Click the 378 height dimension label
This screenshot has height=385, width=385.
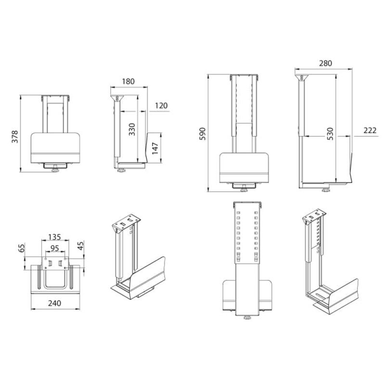[x=15, y=137]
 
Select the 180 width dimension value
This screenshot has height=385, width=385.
[x=128, y=81]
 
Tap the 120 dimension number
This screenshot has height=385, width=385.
[x=161, y=105]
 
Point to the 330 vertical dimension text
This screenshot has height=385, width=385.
[x=132, y=129]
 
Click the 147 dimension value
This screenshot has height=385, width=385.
[x=155, y=148]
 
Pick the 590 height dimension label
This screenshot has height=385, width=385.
[x=203, y=134]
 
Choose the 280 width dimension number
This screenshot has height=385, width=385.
[x=326, y=64]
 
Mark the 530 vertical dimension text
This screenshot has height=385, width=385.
[x=331, y=134]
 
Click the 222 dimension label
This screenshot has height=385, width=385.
[x=370, y=130]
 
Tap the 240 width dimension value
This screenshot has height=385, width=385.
[x=54, y=303]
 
